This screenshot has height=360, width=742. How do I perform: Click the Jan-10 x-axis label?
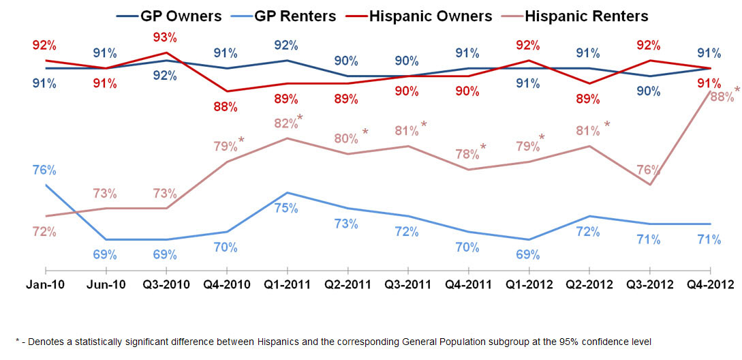tap(44, 285)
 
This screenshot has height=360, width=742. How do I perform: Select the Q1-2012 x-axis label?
tap(528, 285)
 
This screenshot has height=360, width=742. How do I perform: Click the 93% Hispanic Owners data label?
tap(165, 37)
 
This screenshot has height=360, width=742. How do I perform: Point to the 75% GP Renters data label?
tap(285, 208)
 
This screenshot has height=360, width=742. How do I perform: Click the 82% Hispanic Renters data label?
tap(285, 123)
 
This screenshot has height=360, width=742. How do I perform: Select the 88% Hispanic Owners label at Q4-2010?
tap(226, 106)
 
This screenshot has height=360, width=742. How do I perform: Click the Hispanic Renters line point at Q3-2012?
tap(650, 185)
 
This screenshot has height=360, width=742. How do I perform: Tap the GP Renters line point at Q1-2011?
tap(286, 193)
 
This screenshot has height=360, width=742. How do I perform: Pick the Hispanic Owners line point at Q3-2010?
tap(166, 52)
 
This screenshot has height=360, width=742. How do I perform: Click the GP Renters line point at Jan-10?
tap(45, 185)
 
